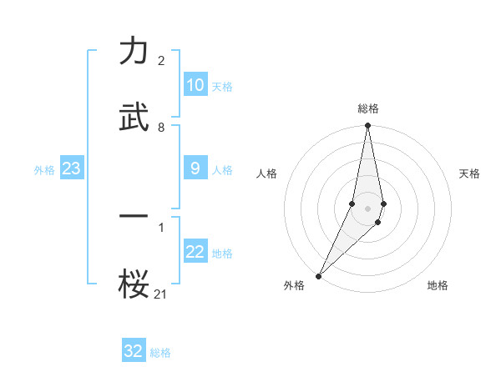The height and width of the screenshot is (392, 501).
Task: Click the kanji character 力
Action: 134,52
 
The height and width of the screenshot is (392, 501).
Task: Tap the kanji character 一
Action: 134,216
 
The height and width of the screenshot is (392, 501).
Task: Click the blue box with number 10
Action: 195,85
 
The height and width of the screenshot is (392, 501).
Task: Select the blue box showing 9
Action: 195,168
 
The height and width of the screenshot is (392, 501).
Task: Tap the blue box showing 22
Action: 195,252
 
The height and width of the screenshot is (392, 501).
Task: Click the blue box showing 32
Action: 134,351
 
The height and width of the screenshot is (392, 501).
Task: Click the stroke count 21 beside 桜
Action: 161,293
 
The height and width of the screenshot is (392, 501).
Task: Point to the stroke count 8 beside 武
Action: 161,128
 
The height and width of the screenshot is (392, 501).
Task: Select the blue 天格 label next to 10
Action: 221,87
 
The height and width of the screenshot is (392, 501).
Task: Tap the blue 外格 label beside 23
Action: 44,170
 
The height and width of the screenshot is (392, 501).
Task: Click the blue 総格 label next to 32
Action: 160,353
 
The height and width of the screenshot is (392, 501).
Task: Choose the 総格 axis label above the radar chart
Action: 368,108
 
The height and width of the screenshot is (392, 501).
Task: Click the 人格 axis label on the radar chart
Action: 267,173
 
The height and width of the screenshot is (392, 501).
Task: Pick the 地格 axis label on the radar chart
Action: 438,285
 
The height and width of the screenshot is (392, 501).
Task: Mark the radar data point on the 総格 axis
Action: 367,126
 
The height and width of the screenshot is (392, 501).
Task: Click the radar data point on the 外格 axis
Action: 318,275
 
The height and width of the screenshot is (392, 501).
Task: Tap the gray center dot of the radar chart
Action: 367,208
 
